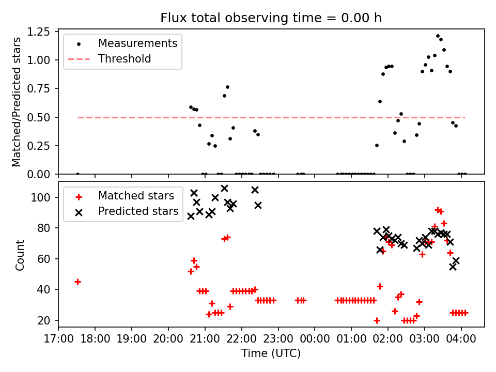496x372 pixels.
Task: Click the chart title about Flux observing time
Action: coord(271,18)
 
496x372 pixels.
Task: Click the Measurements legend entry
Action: coord(137,43)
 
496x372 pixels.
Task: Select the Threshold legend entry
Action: coord(125,59)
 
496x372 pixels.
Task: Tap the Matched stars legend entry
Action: coord(136,196)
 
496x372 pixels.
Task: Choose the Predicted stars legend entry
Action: coord(138,211)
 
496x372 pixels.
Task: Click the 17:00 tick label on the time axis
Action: coord(58,339)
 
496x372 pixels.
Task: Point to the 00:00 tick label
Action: coord(315,339)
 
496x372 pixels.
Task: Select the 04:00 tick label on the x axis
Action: coord(461,339)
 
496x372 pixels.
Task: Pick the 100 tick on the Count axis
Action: coord(44,197)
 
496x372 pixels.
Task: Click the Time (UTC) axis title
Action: coord(271,353)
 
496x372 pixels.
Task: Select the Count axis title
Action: coord(20,255)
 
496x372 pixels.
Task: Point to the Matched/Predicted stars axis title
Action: coord(17,102)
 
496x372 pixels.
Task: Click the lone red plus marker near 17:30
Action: coord(78,282)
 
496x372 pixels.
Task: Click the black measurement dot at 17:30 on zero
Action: coord(78,174)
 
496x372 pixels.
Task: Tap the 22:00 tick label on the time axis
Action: coord(241,339)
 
